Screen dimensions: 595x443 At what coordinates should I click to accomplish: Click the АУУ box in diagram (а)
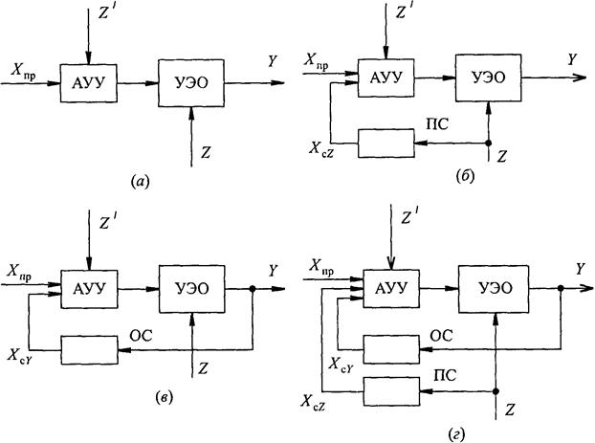[x=88, y=83]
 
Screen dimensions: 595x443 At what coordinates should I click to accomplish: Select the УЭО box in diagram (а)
[x=191, y=83]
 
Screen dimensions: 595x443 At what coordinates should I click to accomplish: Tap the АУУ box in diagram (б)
[x=386, y=78]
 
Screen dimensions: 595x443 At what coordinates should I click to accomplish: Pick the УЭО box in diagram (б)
[x=489, y=78]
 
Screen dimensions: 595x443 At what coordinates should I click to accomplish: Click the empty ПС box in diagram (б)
[x=386, y=144]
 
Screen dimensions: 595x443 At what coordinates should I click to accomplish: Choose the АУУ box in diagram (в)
[x=90, y=289]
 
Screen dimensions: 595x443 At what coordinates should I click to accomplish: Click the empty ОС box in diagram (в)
[x=90, y=350]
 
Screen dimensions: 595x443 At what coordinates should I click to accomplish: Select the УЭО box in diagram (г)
[x=494, y=289]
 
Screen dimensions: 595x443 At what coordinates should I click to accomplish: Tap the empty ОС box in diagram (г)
[x=391, y=349]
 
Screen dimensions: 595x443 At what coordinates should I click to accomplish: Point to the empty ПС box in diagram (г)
[x=391, y=391]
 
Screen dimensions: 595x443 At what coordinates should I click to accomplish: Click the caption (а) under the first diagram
[x=141, y=182]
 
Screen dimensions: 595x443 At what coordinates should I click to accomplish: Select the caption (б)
[x=466, y=176]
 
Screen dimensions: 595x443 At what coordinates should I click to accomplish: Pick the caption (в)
[x=165, y=398]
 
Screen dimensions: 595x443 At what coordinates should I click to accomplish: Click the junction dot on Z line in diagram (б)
[x=489, y=144]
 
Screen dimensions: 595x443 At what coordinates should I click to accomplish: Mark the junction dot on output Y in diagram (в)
[x=253, y=289]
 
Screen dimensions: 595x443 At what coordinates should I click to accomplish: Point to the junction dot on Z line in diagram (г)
[x=496, y=391]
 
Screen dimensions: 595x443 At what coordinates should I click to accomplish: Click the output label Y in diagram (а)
[x=273, y=61]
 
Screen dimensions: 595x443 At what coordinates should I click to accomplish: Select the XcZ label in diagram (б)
[x=321, y=149]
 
